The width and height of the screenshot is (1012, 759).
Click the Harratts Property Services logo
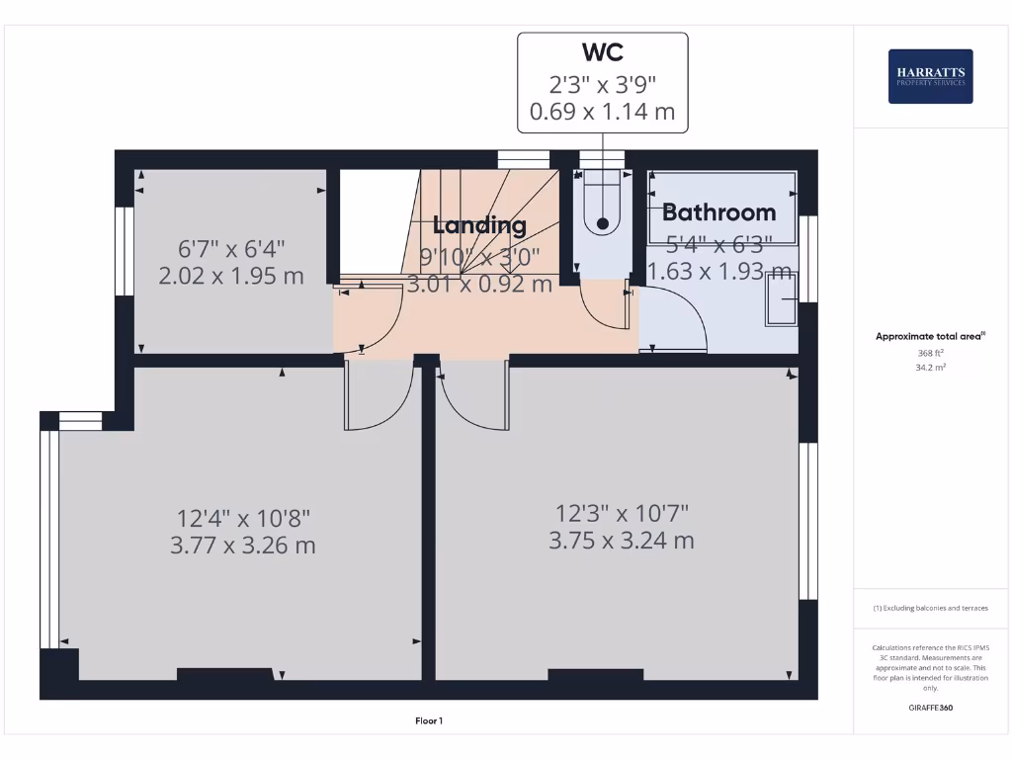pos(930,76)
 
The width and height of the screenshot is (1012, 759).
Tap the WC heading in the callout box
pos(602,51)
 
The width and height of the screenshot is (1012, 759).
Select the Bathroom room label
pos(718,211)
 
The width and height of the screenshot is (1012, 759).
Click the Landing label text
pos(479,224)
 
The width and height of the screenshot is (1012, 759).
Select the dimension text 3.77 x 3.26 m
pos(243,545)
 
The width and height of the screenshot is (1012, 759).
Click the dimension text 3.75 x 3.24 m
pos(622,541)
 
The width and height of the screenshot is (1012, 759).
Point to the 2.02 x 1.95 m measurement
pos(231,276)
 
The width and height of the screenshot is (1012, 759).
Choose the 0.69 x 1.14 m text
pos(602,112)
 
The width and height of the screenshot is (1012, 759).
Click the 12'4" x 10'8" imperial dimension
pos(243,517)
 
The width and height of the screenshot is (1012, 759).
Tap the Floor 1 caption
pos(429,721)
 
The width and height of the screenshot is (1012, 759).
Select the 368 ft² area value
pos(930,353)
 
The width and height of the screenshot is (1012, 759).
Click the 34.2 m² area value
pos(930,367)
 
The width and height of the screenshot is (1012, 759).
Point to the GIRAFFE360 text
pos(930,708)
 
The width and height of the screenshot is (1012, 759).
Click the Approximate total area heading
pos(929,337)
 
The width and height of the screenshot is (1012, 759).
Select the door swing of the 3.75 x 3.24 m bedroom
pos(473,395)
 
